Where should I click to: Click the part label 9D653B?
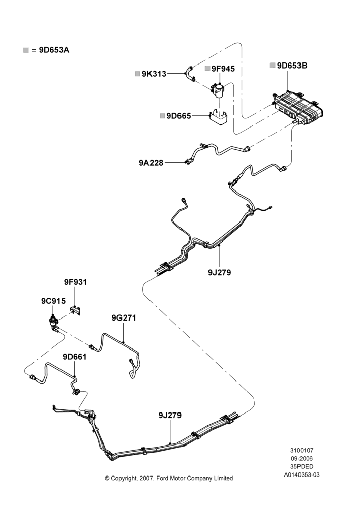pyautogui.click(x=292, y=66)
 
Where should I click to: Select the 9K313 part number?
pyautogui.click(x=154, y=74)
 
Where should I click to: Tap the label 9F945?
pyautogui.click(x=223, y=69)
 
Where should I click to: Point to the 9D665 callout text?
pyautogui.click(x=178, y=116)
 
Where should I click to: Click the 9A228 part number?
pyautogui.click(x=151, y=163)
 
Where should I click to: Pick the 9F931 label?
pyautogui.click(x=76, y=282)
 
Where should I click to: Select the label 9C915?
pyautogui.click(x=53, y=301)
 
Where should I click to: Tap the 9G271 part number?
pyautogui.click(x=124, y=318)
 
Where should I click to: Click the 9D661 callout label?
pyautogui.click(x=75, y=357)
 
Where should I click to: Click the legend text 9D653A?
pyautogui.click(x=54, y=50)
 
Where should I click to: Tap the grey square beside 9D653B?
pyautogui.click(x=273, y=66)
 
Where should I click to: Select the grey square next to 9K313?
pyautogui.click(x=137, y=74)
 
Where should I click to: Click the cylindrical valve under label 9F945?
pyautogui.click(x=218, y=90)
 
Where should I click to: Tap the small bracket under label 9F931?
pyautogui.click(x=76, y=310)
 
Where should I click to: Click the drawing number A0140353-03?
pyautogui.click(x=302, y=475)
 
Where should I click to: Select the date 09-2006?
pyautogui.click(x=302, y=458)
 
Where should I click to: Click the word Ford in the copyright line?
pyautogui.click(x=163, y=478)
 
